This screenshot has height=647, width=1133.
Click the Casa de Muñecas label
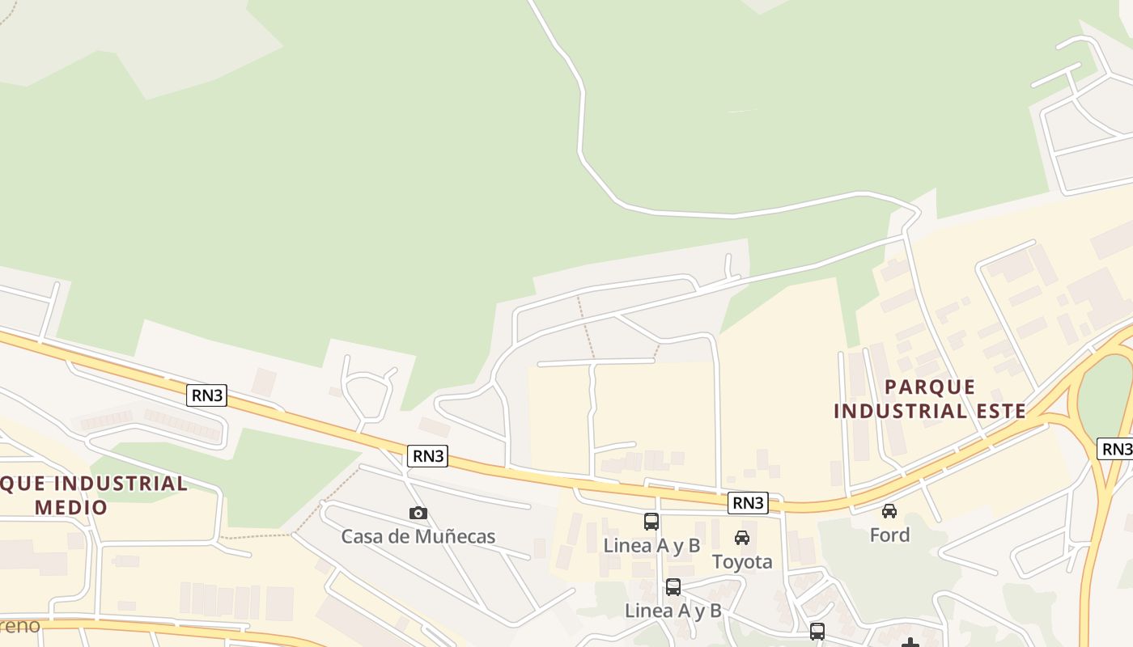coord(418,536)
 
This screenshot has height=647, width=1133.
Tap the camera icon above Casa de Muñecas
coord(418,513)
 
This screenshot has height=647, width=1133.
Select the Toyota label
coord(742,561)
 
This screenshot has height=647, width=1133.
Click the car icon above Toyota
coord(742,538)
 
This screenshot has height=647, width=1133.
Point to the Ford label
coord(889,535)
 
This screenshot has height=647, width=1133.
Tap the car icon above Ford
coord(889,511)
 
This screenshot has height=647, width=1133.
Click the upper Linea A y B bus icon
coord(651,522)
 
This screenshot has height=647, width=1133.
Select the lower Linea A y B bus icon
coord(673,587)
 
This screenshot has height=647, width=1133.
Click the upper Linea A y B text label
coord(651,545)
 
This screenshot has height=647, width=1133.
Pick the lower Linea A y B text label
coord(673,611)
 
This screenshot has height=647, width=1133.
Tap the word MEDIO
coord(72,508)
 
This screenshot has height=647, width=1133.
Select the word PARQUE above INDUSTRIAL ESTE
coord(930,387)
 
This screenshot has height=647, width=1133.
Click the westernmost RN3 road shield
coord(207,395)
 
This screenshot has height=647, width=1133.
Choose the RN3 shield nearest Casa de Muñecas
coord(428,455)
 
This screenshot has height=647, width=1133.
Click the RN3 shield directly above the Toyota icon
coord(747,503)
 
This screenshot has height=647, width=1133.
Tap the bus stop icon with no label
coord(817,631)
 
